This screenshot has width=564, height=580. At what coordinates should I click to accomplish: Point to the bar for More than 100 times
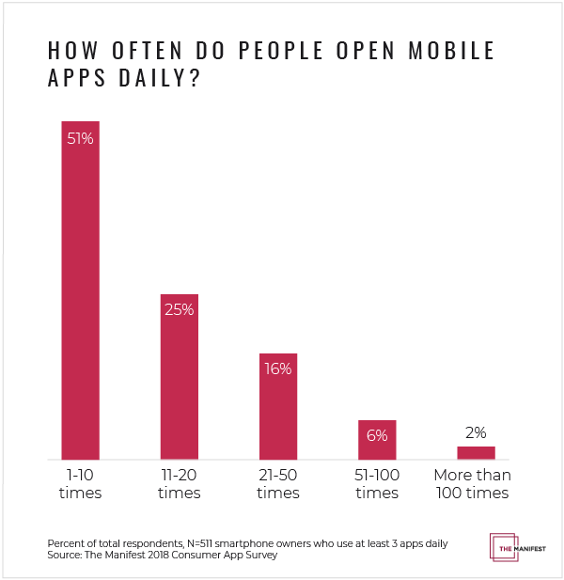coord(476,452)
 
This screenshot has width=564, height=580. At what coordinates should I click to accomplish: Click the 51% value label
coord(80,138)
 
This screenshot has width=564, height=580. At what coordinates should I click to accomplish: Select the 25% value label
coord(179,310)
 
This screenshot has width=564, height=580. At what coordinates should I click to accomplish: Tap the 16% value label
coord(278,369)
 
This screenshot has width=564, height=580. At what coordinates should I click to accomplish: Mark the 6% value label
coord(377,435)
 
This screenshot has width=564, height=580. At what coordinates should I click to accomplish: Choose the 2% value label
coord(476,432)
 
